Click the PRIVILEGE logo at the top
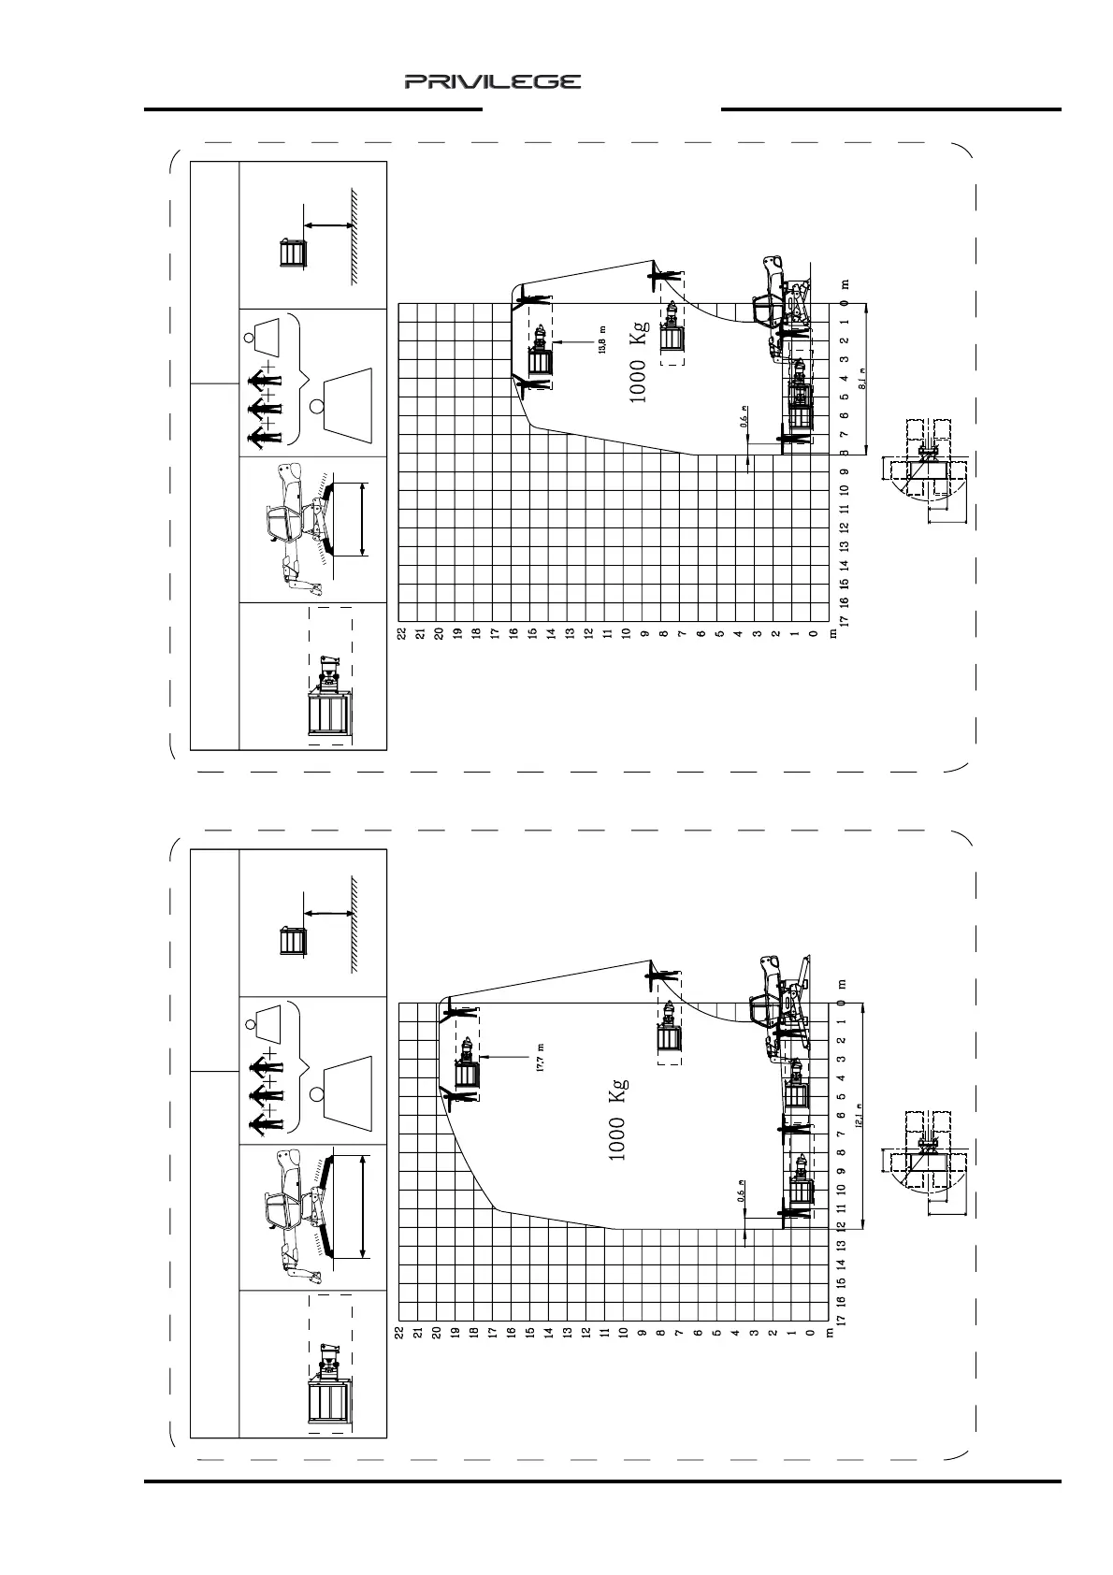click(493, 82)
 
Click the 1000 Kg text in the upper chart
click(639, 368)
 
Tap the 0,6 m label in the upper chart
click(744, 416)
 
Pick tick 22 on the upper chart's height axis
click(401, 633)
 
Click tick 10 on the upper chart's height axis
click(626, 633)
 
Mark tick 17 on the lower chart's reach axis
click(844, 1320)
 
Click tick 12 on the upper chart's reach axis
click(844, 527)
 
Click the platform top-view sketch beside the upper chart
click(923, 458)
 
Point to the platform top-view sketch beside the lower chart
click(923, 1157)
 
